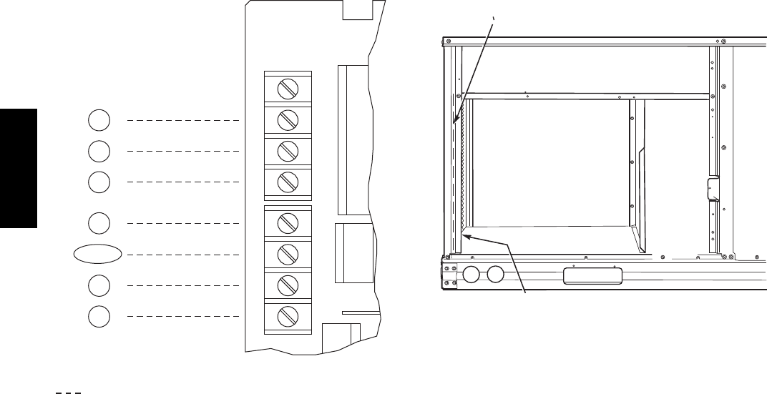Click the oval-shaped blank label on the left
point(98,254)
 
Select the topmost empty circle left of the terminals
point(100,120)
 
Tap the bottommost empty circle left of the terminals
point(100,315)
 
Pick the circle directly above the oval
point(100,222)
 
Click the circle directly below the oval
point(100,285)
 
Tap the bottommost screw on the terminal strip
point(288,315)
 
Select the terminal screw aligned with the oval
point(288,254)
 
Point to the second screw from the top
point(288,120)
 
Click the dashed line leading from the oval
point(182,254)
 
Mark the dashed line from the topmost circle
point(182,120)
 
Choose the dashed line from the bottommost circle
point(182,315)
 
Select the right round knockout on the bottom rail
point(494,275)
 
